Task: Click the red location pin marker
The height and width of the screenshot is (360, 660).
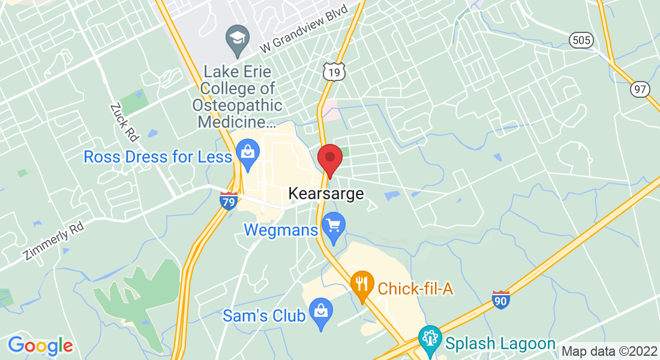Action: coord(329,159)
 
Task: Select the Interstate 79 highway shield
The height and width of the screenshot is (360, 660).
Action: coord(228,200)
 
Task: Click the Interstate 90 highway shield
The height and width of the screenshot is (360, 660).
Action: coord(501,299)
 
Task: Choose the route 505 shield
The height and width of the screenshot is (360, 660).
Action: coord(581,40)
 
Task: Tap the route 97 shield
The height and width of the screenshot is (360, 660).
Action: coord(640,89)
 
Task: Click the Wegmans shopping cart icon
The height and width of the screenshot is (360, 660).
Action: coord(333,227)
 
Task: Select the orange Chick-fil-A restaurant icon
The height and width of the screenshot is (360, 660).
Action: coord(361,284)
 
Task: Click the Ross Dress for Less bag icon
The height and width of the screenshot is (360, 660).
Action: coord(247,153)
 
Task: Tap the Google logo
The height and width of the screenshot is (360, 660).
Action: coord(40,346)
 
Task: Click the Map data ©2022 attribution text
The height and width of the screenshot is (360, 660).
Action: coord(608,351)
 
